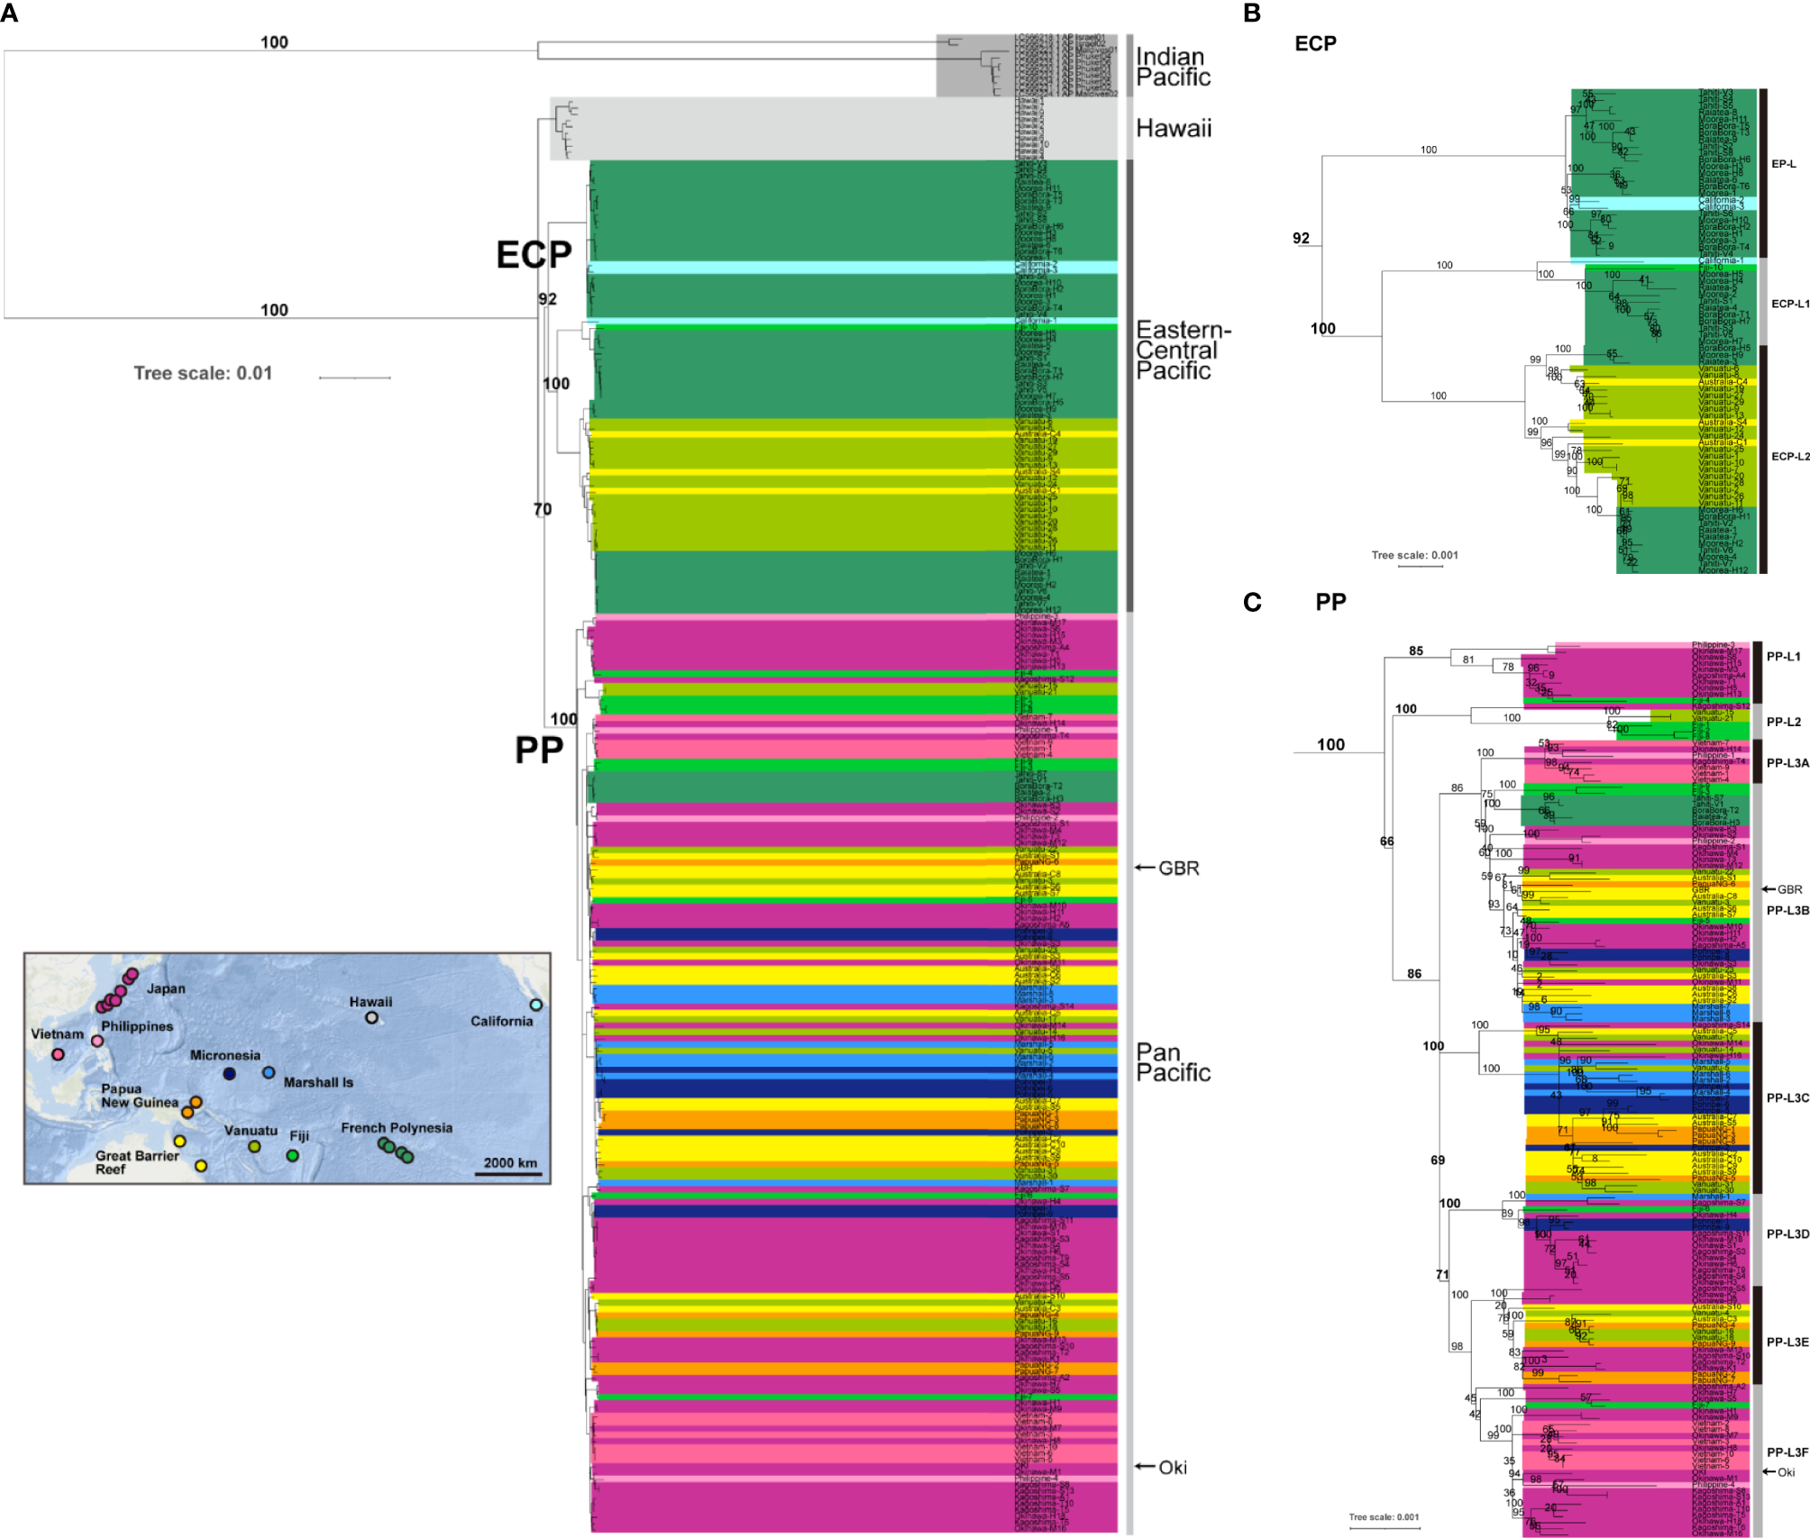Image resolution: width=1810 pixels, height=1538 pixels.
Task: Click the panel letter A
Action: [10, 14]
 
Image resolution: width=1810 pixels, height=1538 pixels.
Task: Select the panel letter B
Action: [1251, 14]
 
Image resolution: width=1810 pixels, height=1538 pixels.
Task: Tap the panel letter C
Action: [1252, 602]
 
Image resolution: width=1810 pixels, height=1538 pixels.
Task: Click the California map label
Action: [501, 1021]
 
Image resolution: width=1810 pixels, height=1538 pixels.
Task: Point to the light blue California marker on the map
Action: [535, 1005]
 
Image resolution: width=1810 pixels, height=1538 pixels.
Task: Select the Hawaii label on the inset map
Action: [370, 1002]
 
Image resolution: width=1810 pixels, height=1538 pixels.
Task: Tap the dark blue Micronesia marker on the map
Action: [229, 1074]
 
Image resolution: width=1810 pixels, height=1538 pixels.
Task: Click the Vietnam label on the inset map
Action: [57, 1034]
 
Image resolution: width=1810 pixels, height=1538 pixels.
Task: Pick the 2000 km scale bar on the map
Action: [509, 1173]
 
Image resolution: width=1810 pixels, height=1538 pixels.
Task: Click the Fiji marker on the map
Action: [292, 1155]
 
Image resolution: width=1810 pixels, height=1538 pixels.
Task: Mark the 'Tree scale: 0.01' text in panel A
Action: [203, 373]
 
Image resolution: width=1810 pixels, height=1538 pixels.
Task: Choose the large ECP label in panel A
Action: [534, 255]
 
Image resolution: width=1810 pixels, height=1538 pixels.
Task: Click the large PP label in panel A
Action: [539, 750]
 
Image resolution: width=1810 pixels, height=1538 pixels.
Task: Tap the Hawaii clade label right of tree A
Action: [1173, 129]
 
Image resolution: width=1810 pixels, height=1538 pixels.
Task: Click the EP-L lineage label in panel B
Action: [1783, 164]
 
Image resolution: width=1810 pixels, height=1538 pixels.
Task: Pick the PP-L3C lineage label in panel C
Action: [1787, 1097]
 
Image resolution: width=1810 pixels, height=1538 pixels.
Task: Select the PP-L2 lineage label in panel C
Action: [1783, 722]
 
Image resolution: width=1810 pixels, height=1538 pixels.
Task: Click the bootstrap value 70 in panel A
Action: [542, 510]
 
